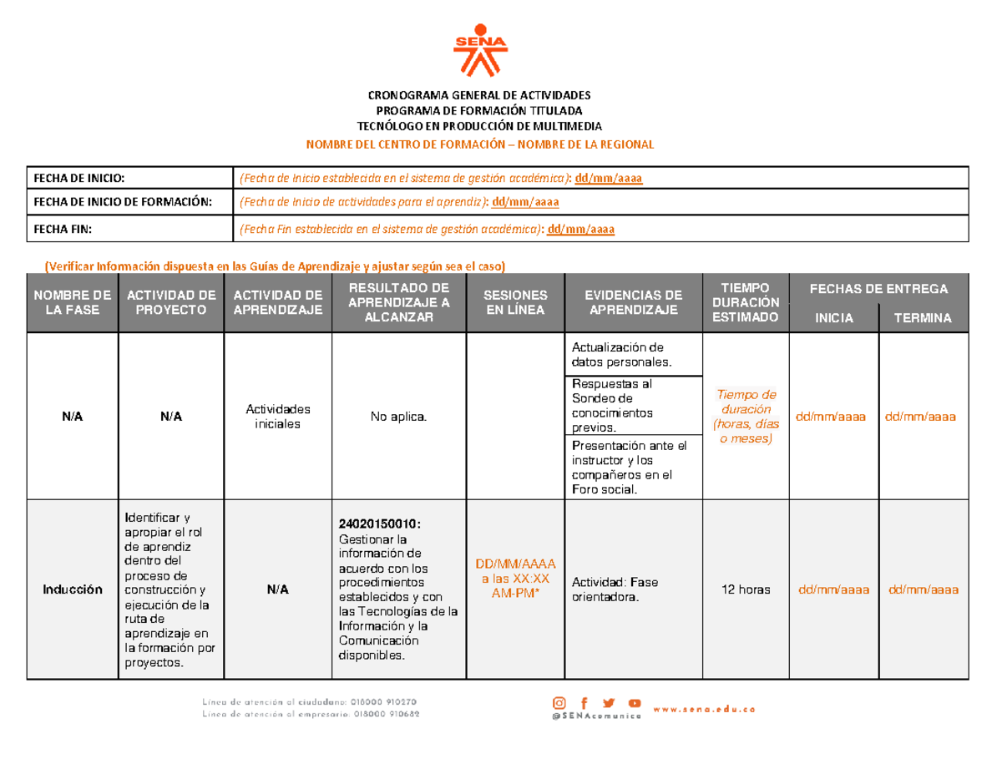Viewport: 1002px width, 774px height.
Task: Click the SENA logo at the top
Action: coord(482,53)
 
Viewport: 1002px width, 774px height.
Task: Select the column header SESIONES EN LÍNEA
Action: coord(515,303)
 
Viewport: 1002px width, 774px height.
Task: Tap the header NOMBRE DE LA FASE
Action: coord(72,303)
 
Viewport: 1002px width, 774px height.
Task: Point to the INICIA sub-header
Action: coord(835,319)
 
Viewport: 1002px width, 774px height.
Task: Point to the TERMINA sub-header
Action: coord(923,319)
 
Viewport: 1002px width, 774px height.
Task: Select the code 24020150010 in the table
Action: coord(379,524)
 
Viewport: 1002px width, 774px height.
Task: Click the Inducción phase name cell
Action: coord(73,590)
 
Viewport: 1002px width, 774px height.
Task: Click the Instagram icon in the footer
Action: coord(559,703)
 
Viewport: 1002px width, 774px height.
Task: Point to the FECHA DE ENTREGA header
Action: coord(878,289)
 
